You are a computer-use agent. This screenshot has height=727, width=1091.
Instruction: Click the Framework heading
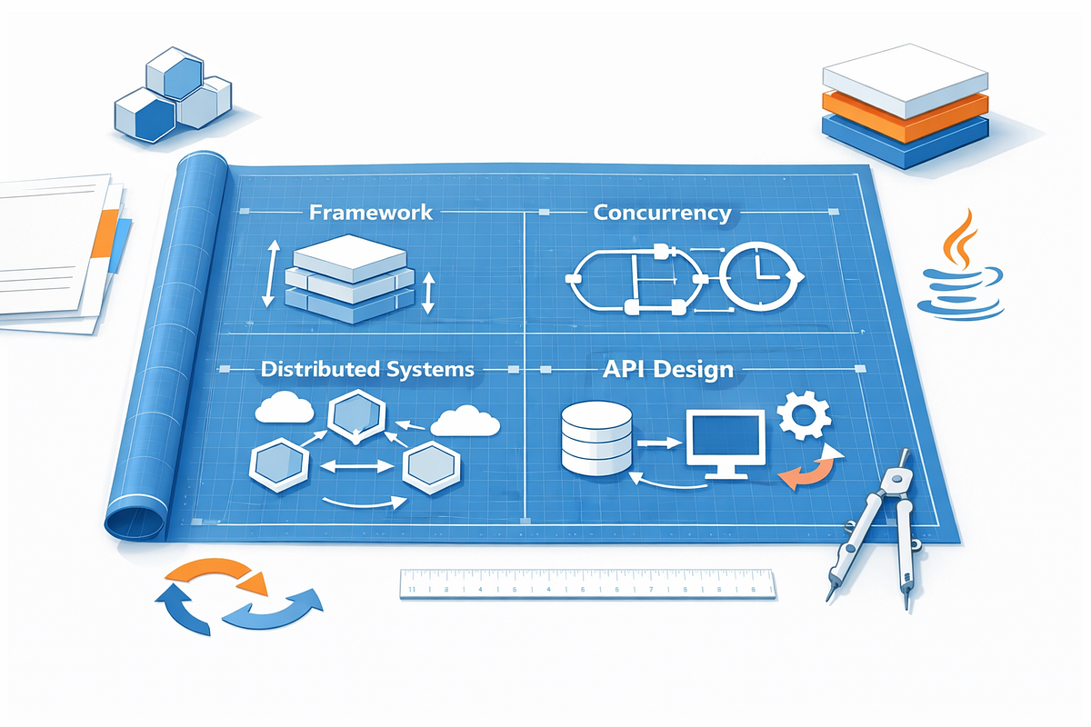[371, 213]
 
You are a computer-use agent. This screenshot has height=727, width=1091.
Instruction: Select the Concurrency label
[663, 213]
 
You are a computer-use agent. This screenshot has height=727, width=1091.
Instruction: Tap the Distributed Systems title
[367, 369]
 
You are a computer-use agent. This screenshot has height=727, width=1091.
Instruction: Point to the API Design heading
[667, 370]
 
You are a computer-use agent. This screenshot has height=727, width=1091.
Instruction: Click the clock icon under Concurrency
[760, 276]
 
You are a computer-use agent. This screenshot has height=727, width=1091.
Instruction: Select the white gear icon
[804, 415]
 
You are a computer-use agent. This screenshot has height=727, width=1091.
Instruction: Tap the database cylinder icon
[596, 438]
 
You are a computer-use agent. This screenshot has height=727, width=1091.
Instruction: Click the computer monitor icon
[726, 443]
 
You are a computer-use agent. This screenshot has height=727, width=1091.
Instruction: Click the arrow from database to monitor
[659, 443]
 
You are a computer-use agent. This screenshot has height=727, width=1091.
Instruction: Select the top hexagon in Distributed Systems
[356, 417]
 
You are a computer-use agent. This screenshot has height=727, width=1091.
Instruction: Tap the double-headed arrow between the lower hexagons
[356, 466]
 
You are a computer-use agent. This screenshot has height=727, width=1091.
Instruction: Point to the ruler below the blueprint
[587, 583]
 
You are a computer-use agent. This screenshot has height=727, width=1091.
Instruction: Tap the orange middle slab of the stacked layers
[905, 117]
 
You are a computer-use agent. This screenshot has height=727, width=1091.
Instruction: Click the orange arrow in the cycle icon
[219, 575]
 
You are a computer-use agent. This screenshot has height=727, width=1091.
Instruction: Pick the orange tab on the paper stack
[105, 234]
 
